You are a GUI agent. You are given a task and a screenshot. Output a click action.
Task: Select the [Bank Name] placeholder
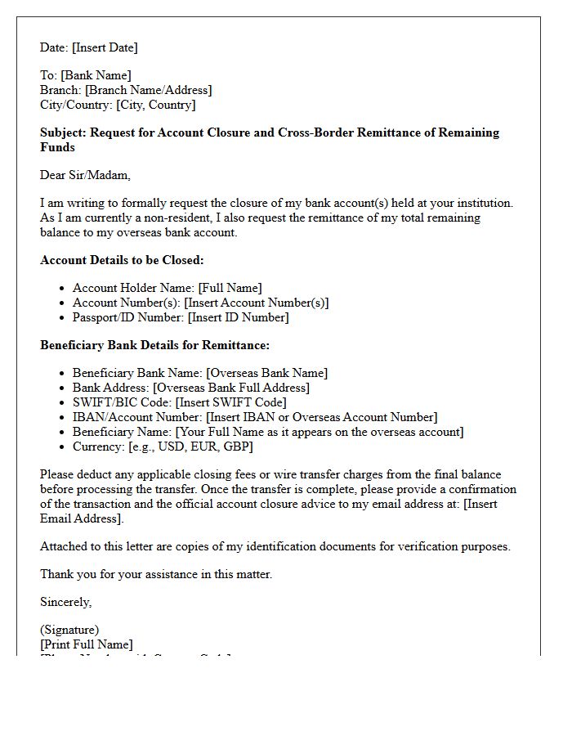pyautogui.click(x=96, y=75)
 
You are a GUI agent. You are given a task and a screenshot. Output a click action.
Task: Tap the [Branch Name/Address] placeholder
pyautogui.click(x=148, y=90)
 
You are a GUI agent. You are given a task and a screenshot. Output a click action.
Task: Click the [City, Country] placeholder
pyautogui.click(x=156, y=105)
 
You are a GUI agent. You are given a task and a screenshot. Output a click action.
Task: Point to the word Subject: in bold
pyautogui.click(x=64, y=132)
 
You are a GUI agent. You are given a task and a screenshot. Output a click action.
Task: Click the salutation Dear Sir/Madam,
pyautogui.click(x=85, y=175)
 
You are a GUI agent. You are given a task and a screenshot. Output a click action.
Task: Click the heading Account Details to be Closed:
pyautogui.click(x=122, y=260)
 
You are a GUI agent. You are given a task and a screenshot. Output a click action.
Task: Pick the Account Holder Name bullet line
pyautogui.click(x=167, y=288)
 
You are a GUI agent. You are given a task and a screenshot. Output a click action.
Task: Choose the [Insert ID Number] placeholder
pyautogui.click(x=238, y=317)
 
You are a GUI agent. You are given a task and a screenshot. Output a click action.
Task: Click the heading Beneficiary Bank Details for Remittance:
pyautogui.click(x=154, y=345)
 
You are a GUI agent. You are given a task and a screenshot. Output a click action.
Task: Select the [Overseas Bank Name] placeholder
pyautogui.click(x=266, y=373)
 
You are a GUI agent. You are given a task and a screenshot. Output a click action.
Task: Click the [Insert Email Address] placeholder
pyautogui.click(x=82, y=518)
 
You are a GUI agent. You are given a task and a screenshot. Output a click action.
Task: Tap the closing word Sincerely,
pyautogui.click(x=66, y=602)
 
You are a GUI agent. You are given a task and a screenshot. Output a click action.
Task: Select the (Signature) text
pyautogui.click(x=69, y=630)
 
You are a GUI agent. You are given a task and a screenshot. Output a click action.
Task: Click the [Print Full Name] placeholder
pyautogui.click(x=86, y=644)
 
